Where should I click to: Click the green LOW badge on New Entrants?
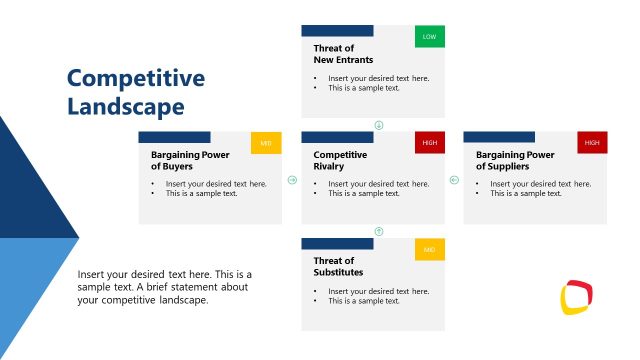click(x=430, y=37)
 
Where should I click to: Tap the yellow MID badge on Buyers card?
click(x=266, y=143)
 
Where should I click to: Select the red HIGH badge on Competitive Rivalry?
click(x=430, y=143)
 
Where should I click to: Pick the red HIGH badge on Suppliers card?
click(x=592, y=143)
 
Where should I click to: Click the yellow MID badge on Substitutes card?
click(x=430, y=249)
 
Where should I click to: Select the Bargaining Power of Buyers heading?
click(x=190, y=160)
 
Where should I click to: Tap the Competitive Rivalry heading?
click(x=340, y=160)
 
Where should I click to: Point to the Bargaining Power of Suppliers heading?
click(x=515, y=160)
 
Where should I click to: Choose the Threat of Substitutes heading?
click(x=338, y=266)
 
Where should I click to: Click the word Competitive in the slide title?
click(x=135, y=78)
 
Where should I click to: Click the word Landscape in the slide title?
click(x=125, y=105)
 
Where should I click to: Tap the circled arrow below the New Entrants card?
click(x=379, y=125)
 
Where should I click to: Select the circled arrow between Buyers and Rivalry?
click(x=292, y=181)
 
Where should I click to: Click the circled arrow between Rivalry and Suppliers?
click(x=453, y=181)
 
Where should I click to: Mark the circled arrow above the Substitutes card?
click(x=379, y=231)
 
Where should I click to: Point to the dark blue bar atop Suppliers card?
click(x=499, y=137)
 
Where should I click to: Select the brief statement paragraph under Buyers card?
click(x=165, y=287)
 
